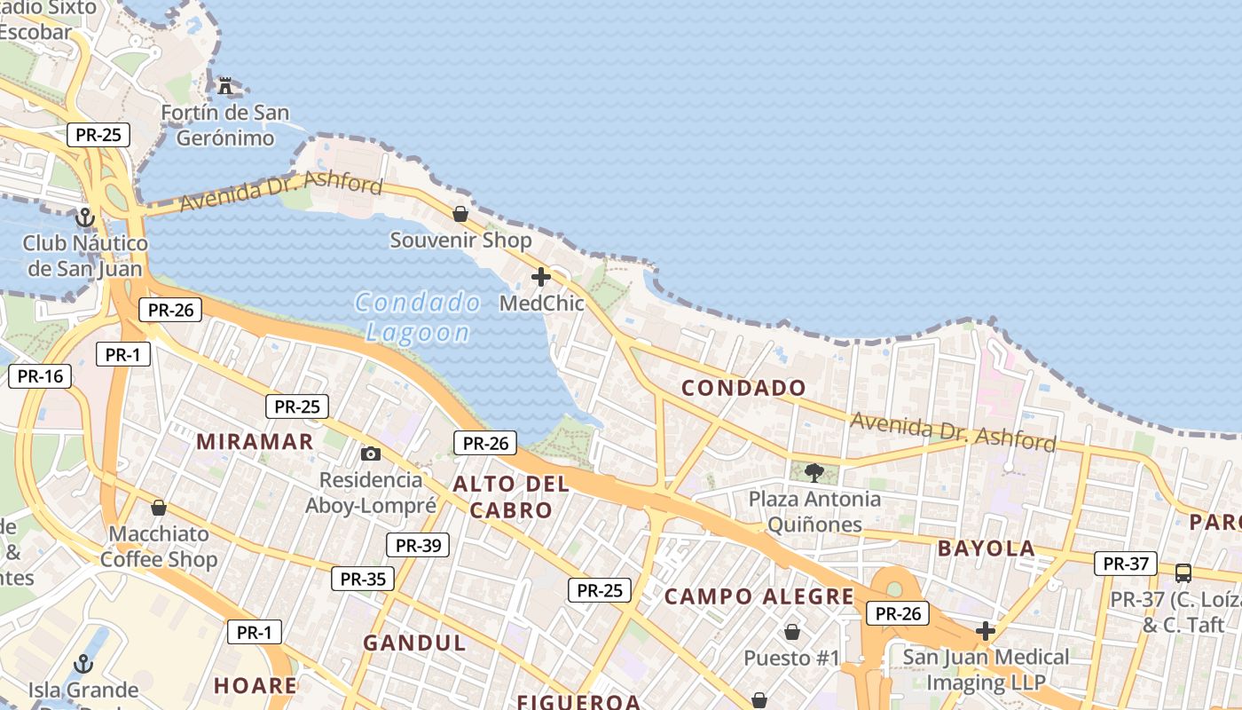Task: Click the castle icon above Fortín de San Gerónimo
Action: point(225,86)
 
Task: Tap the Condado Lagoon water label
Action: point(418,317)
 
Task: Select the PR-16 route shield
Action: point(40,376)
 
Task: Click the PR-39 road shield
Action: point(418,545)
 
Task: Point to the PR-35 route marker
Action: point(363,580)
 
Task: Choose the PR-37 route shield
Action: point(1126,564)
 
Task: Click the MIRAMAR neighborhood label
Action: point(255,442)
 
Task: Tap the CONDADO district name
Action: point(743,388)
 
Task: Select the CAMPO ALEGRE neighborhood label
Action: point(759,596)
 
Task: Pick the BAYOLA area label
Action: point(987,548)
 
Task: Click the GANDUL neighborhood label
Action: point(414,643)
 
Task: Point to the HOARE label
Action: point(255,685)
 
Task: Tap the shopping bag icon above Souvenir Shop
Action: point(460,214)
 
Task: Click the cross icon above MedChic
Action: point(541,278)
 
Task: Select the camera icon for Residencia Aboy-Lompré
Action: point(371,454)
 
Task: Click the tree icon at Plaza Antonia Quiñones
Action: point(814,472)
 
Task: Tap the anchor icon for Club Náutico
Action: point(85,217)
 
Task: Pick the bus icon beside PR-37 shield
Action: point(1183,572)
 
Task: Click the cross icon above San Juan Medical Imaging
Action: point(986,631)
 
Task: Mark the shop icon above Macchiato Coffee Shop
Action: point(159,508)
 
